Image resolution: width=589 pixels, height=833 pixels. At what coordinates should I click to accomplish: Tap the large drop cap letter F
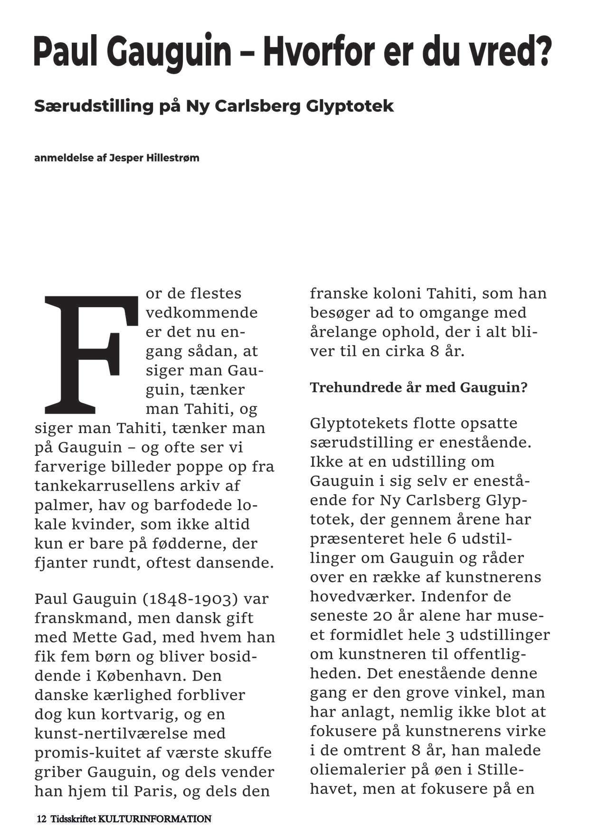coord(88,354)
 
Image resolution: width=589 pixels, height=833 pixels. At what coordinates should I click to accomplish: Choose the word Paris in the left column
coord(152,791)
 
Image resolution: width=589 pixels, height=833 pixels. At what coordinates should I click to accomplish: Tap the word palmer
coord(60,505)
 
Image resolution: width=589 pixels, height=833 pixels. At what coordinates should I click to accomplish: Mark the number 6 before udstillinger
coord(452,539)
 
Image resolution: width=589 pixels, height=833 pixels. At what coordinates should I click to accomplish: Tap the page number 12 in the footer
coord(41,819)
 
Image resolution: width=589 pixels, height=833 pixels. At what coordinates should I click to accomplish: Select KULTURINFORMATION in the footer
coord(155,819)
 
